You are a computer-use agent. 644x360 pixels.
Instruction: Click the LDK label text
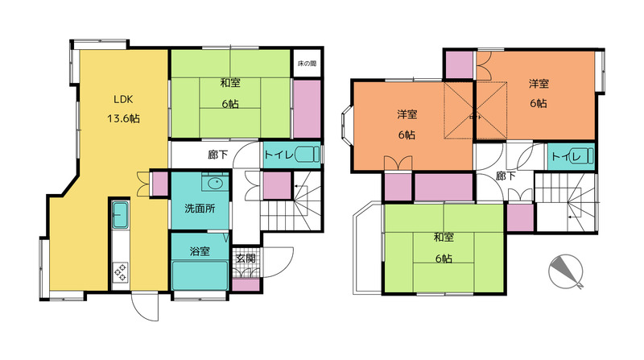(123, 99)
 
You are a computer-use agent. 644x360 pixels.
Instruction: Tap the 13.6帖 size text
(123, 118)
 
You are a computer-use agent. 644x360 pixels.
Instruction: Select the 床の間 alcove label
(307, 64)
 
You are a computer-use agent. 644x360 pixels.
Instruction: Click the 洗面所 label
(200, 209)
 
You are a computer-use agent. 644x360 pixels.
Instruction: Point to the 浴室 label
(200, 251)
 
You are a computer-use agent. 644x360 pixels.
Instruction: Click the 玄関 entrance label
(246, 258)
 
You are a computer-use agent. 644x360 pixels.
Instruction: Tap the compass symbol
(566, 271)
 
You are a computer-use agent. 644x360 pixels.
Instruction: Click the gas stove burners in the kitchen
(121, 272)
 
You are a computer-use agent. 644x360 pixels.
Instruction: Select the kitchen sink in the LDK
(121, 214)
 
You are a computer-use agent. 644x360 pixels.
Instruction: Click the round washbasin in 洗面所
(215, 183)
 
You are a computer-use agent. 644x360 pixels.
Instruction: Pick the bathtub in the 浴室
(200, 275)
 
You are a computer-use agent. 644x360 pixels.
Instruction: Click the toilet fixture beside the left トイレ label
(307, 155)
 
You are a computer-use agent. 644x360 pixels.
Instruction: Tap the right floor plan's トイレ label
(566, 156)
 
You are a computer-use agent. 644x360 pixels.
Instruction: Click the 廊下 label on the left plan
(217, 155)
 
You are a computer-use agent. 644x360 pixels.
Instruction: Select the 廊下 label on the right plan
(506, 176)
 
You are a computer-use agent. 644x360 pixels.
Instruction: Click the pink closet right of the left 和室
(307, 109)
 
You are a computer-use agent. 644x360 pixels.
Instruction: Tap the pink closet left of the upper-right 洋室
(459, 65)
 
